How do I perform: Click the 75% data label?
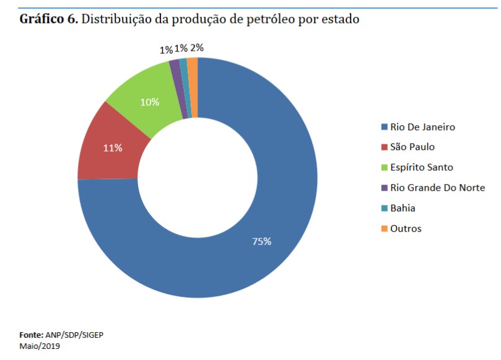(x=261, y=242)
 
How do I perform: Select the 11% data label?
(x=113, y=148)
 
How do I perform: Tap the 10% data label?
(x=150, y=102)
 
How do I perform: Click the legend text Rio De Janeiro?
(x=422, y=127)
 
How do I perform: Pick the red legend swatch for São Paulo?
(x=384, y=147)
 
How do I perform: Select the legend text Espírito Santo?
(x=422, y=167)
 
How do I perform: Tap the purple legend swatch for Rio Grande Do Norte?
(x=384, y=188)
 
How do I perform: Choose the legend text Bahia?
(x=403, y=208)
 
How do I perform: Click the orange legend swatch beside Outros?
(x=384, y=229)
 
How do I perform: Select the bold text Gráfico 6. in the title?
(x=49, y=19)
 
